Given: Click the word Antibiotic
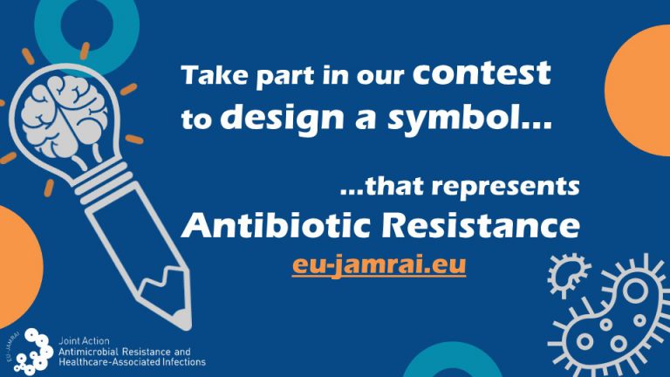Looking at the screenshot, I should coord(267,226).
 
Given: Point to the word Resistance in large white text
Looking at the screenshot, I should coord(472,226).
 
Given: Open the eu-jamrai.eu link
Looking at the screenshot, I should coord(379,264).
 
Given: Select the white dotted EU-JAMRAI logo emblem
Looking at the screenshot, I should coord(36,350).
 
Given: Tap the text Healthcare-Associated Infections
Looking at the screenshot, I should coord(131,360).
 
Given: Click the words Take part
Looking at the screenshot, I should coord(223,77).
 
